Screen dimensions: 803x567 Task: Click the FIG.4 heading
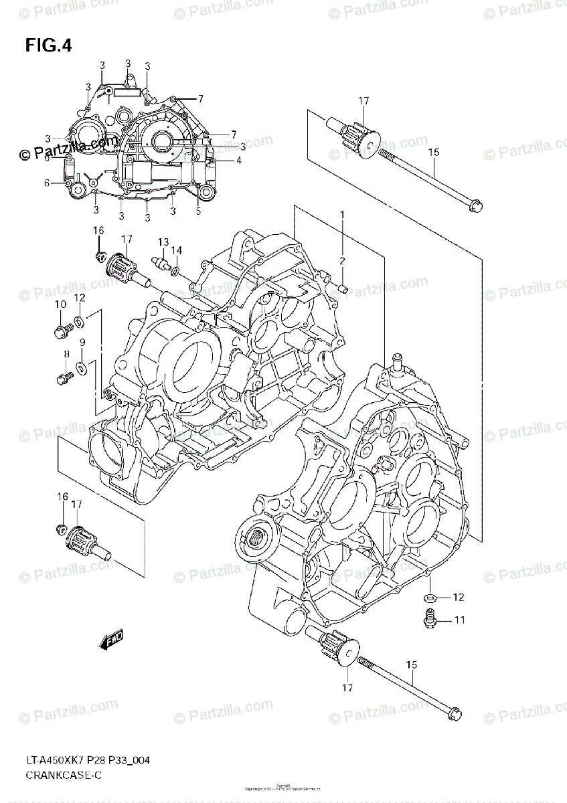click(48, 46)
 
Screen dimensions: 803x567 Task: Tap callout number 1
click(341, 215)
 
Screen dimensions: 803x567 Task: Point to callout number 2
click(341, 261)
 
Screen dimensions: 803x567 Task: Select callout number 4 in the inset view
click(238, 161)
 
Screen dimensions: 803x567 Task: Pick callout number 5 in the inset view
click(198, 211)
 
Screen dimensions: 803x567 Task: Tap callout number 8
click(66, 354)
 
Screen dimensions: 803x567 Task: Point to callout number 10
click(60, 304)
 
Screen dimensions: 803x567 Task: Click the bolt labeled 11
click(429, 620)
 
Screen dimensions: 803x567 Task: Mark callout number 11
click(459, 620)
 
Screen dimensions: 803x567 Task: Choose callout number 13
click(163, 242)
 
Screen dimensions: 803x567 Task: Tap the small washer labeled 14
click(175, 271)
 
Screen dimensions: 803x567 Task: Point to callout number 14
click(177, 250)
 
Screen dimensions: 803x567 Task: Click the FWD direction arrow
click(110, 642)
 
